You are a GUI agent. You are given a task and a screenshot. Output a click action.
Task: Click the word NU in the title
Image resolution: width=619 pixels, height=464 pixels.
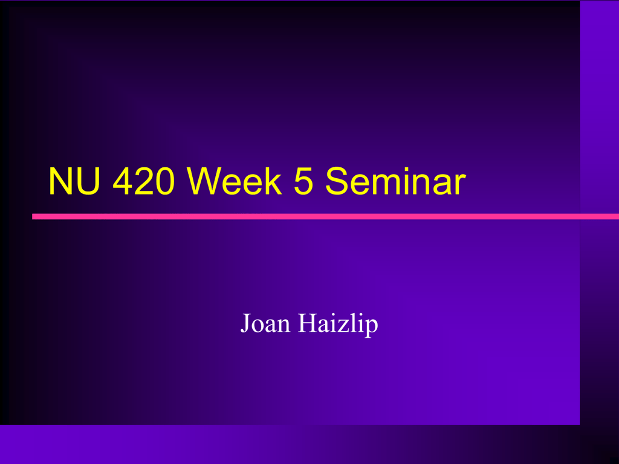point(74,181)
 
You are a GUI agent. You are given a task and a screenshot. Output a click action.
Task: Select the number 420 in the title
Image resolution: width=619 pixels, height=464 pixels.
point(143,181)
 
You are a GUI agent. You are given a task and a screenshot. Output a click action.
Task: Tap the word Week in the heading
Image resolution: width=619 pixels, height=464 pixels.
point(234,181)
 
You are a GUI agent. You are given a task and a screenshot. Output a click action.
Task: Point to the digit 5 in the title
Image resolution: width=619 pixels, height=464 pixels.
point(303,181)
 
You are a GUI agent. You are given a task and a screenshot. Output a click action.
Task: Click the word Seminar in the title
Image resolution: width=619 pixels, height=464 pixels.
point(395,181)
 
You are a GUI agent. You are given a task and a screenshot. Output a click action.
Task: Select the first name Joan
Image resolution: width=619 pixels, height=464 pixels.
point(265,324)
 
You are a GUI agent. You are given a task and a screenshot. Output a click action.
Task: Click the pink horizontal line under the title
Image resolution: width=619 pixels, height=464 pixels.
point(325,216)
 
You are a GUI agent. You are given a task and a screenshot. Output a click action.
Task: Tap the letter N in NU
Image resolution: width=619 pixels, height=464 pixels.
point(60,181)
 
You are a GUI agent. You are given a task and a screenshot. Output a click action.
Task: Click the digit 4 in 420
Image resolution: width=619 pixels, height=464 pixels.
point(122,181)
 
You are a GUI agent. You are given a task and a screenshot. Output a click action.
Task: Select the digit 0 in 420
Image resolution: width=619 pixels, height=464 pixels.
point(164,181)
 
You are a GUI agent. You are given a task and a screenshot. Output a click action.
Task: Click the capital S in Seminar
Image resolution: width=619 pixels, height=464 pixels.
point(337,181)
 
